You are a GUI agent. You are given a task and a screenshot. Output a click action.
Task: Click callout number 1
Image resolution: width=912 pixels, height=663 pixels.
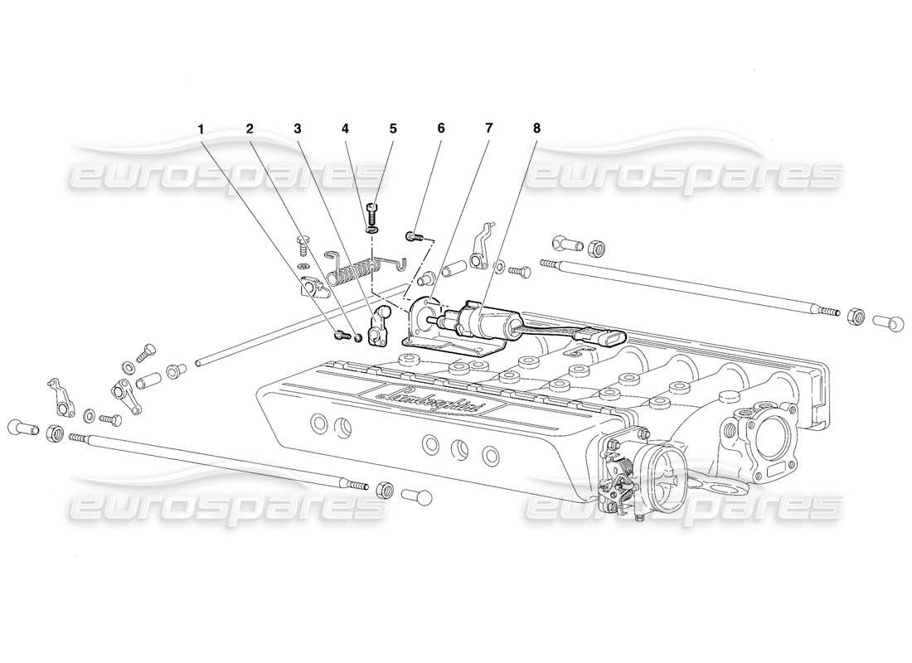(x=200, y=128)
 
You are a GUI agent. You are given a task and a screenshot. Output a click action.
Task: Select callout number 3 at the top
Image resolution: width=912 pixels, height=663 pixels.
(x=297, y=128)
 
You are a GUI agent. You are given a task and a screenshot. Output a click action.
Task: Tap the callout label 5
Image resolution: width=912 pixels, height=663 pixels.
(x=393, y=128)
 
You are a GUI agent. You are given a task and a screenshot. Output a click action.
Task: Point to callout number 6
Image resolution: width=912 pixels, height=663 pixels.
(x=441, y=128)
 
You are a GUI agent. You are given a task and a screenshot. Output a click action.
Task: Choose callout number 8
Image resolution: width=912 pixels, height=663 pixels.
(x=536, y=128)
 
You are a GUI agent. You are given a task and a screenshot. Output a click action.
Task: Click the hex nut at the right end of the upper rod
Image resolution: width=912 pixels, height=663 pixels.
(x=857, y=316)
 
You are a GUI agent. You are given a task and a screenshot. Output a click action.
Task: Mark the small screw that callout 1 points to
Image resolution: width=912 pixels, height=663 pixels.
(x=340, y=335)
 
